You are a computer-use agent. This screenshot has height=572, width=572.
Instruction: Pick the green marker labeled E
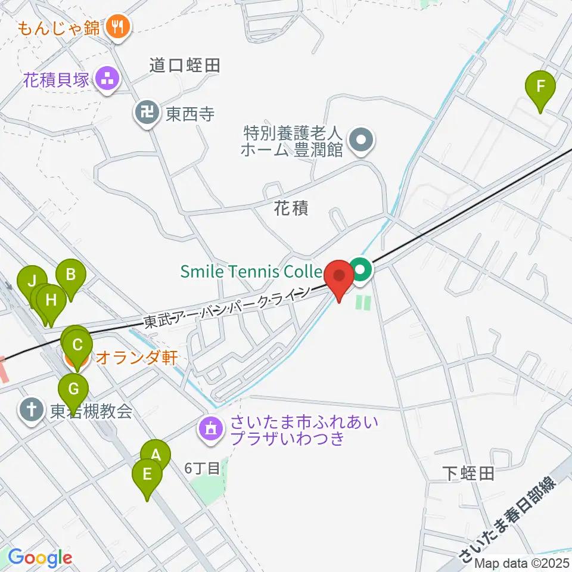point(147,475)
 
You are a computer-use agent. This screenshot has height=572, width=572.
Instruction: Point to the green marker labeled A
point(156,456)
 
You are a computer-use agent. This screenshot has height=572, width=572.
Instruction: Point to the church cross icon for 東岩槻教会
point(31,410)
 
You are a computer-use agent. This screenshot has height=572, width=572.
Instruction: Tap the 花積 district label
point(291,209)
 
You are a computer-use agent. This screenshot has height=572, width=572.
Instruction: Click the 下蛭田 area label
point(468,474)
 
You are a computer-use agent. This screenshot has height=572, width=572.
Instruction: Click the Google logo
point(39,558)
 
